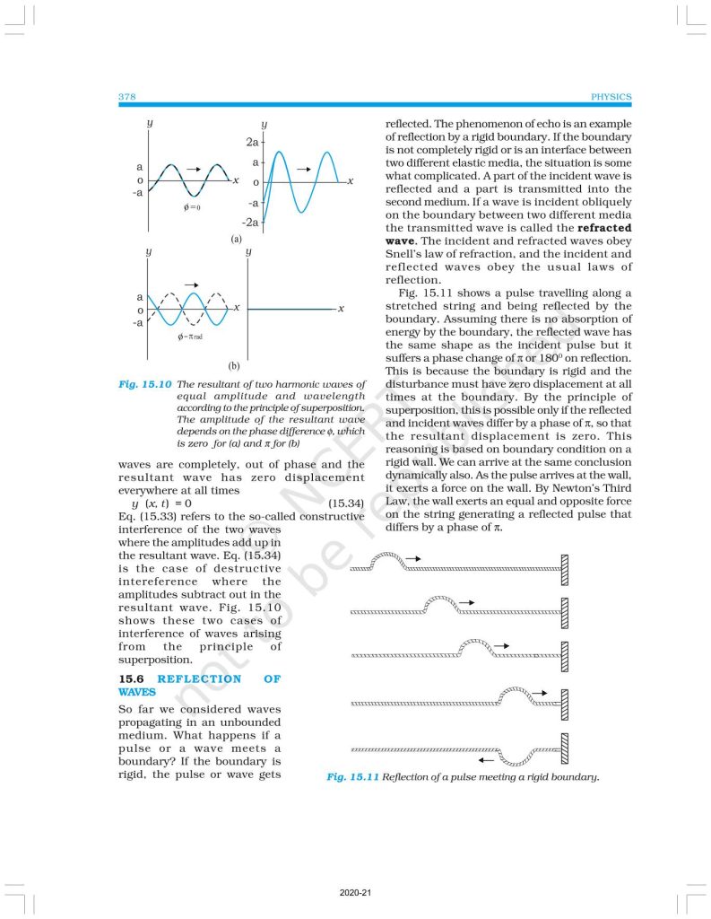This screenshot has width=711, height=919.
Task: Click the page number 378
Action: pyautogui.click(x=126, y=97)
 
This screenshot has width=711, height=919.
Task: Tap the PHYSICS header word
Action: pyautogui.click(x=612, y=97)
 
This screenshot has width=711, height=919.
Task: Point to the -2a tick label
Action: pyautogui.click(x=251, y=222)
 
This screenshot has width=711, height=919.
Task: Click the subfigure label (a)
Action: pyautogui.click(x=236, y=240)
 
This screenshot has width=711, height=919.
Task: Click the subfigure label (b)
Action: pyautogui.click(x=233, y=366)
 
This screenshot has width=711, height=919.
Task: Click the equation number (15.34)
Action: pyautogui.click(x=346, y=503)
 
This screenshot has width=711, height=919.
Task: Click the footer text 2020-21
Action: pyautogui.click(x=355, y=894)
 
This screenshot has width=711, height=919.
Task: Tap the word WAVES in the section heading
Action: pyautogui.click(x=137, y=692)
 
